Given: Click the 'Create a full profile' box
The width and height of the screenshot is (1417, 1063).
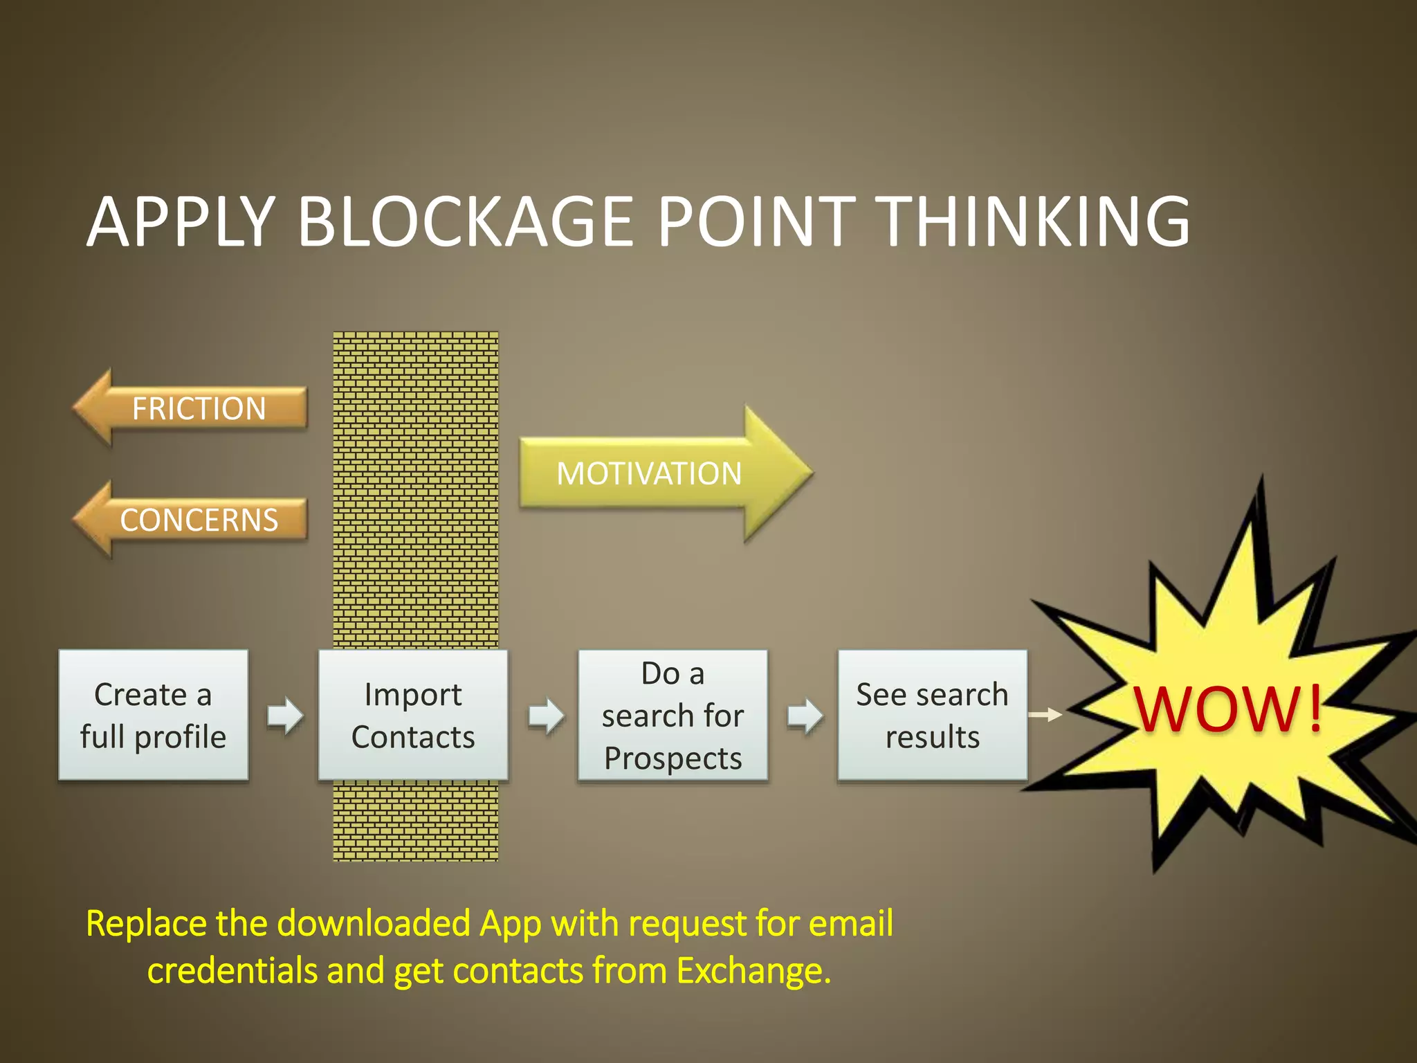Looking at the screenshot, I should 153,715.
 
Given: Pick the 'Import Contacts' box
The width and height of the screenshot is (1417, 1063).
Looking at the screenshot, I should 413,715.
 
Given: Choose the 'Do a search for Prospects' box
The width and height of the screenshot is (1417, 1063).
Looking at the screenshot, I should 673,715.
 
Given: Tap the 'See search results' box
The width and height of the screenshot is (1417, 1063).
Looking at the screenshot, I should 932,715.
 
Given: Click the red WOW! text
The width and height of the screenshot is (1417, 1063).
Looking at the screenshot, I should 1228,709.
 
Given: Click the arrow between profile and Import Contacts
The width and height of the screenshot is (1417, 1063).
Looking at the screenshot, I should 285,716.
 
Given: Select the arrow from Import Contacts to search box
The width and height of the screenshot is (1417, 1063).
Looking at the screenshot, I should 546,716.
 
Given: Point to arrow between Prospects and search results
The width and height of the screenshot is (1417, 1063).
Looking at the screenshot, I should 805,716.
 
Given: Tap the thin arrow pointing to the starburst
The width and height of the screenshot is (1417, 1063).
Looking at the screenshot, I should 1045,714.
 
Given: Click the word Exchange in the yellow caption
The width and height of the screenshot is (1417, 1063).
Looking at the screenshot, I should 753,970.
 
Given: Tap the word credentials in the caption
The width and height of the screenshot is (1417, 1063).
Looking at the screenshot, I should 232,970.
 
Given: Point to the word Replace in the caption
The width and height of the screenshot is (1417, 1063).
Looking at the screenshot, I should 146,923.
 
